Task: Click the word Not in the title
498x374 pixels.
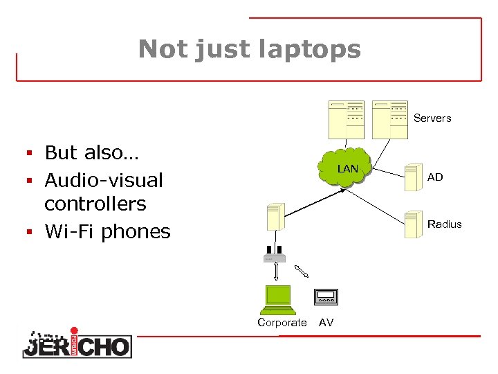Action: coord(163,49)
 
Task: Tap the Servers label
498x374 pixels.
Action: coord(432,118)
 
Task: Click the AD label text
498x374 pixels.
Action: coord(435,177)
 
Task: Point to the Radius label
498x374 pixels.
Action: coord(444,224)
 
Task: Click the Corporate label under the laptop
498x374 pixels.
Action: coord(282,322)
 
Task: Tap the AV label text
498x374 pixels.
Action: coord(326,322)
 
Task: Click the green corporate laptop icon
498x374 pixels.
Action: coord(275,299)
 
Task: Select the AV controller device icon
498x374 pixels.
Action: coord(325,296)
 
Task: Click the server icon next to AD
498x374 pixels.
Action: coord(414,177)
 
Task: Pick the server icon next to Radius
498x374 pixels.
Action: coord(414,223)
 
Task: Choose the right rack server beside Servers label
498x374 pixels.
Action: coord(390,120)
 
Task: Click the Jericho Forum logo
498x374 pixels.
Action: coord(77,342)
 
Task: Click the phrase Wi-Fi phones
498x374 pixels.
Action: coord(107,231)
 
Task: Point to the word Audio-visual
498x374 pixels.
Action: coord(104,180)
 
